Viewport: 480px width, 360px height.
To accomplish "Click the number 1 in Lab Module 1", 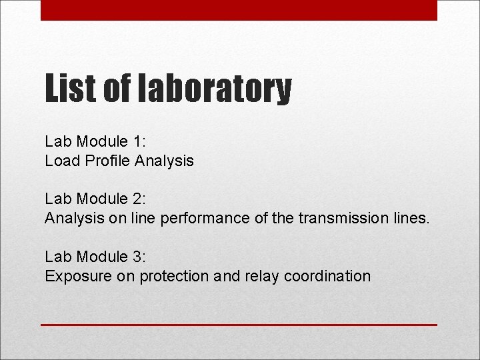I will [137, 141].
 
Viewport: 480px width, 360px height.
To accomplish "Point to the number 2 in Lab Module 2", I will [137, 199].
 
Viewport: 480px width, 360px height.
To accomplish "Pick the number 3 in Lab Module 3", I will [137, 257].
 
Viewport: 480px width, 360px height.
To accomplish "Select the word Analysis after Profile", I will [164, 161].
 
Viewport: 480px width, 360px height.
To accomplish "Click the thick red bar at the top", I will [239, 10].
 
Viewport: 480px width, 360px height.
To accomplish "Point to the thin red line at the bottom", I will [239, 325].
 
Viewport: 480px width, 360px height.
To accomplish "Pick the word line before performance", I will [145, 218].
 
